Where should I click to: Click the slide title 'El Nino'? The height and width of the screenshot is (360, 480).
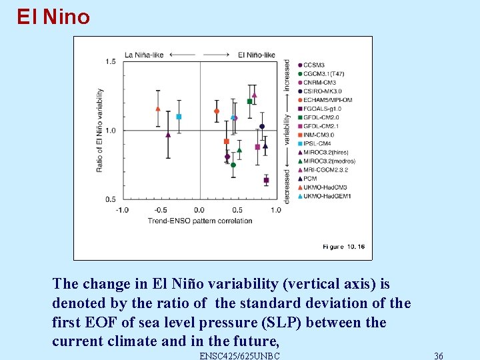(53, 16)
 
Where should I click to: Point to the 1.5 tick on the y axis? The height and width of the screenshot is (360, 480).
(110, 62)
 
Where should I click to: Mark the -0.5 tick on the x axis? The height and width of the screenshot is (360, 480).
(161, 210)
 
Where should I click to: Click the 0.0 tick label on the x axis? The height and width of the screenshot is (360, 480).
(199, 210)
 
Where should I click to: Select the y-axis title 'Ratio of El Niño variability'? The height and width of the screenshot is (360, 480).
(99, 130)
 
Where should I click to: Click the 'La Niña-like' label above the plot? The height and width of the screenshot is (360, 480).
(144, 54)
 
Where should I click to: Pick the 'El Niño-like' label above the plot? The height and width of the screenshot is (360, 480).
(257, 54)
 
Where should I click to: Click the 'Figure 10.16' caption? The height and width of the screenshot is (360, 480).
(343, 247)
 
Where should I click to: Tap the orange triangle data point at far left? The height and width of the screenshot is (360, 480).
(158, 109)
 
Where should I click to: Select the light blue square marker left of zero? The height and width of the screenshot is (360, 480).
(179, 117)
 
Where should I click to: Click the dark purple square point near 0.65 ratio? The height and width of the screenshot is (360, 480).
(266, 180)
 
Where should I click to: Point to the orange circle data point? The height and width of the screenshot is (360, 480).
(217, 111)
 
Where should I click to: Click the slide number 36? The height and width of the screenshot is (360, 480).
(438, 355)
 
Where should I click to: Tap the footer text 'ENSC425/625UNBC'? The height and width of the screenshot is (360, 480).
(239, 355)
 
